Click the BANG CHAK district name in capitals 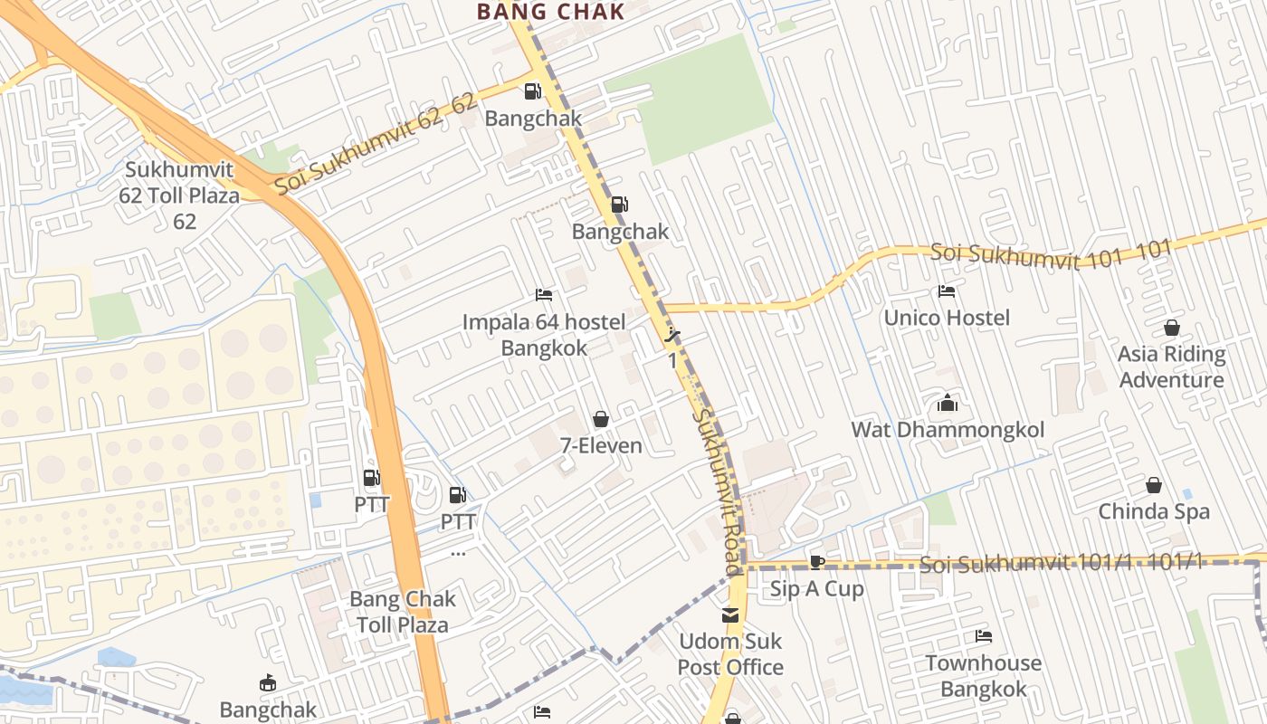tap(550, 12)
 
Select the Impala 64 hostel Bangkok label tap(544, 335)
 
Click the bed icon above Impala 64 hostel tap(544, 295)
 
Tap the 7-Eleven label tap(601, 445)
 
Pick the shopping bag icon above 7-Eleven tap(600, 419)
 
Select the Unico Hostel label tap(947, 318)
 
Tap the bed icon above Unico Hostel tap(947, 291)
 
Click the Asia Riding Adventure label tap(1172, 367)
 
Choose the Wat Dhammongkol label tap(948, 429)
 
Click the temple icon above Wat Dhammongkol tap(948, 403)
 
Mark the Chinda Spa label tap(1154, 511)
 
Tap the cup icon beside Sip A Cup tap(816, 562)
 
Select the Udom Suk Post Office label tap(730, 654)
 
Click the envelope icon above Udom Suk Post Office tap(730, 615)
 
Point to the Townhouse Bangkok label tap(984, 676)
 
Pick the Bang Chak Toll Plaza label tap(403, 612)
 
